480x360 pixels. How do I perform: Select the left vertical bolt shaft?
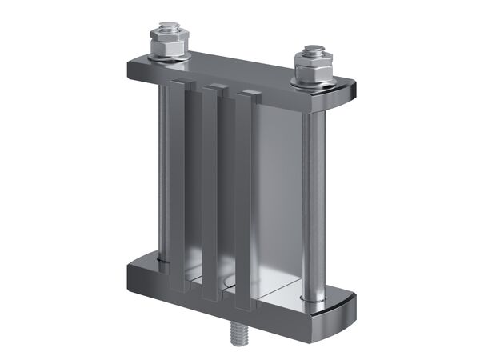(x=163, y=168)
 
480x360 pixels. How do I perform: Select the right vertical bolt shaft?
(x=313, y=200)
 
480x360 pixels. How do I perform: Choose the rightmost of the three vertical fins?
(x=244, y=200)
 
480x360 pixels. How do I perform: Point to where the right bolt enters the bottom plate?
(x=311, y=300)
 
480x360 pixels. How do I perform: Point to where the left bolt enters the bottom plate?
(x=163, y=259)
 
